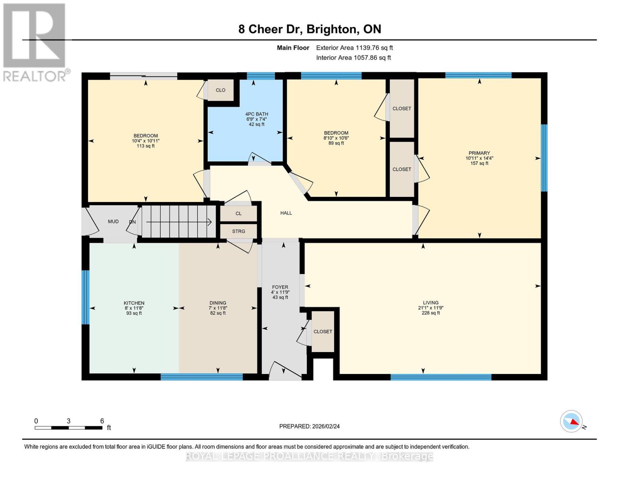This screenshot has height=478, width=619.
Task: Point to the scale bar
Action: (x=69, y=427)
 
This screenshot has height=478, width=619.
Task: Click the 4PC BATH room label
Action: (x=256, y=114)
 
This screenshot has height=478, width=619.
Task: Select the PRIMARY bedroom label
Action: (x=479, y=153)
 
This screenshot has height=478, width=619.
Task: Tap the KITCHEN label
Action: (x=134, y=303)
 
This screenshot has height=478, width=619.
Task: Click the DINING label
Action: (x=218, y=303)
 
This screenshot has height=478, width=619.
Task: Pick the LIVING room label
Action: (x=430, y=303)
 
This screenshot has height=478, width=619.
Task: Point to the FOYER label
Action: (x=280, y=287)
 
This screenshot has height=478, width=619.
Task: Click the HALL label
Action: (x=286, y=213)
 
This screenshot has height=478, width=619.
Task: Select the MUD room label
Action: (x=113, y=221)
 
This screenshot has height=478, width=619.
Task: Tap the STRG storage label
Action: (x=238, y=231)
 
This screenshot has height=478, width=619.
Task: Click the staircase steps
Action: (x=179, y=221)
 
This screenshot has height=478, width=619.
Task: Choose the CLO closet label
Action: (x=220, y=90)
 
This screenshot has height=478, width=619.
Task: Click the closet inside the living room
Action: (x=323, y=331)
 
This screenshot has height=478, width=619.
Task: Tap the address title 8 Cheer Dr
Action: (x=270, y=29)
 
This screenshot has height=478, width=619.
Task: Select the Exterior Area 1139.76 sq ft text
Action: (x=354, y=48)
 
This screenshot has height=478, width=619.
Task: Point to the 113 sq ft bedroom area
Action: (x=145, y=146)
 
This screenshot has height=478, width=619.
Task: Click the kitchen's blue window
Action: (x=85, y=297)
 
